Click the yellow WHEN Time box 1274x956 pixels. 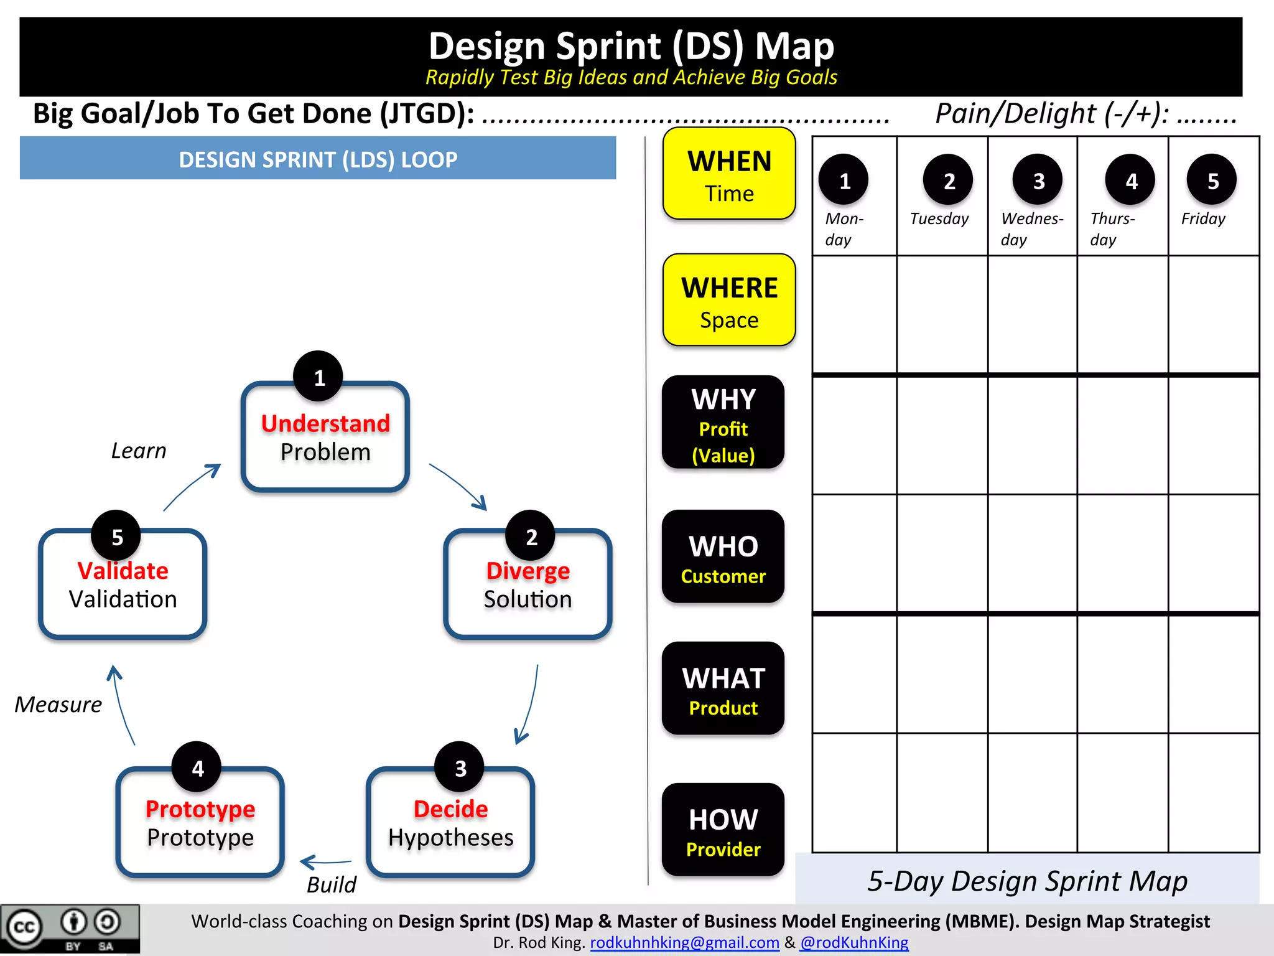pyautogui.click(x=729, y=174)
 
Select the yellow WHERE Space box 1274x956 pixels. pyautogui.click(x=729, y=300)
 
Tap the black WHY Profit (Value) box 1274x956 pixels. pyautogui.click(x=723, y=423)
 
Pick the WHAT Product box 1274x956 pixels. pyautogui.click(x=723, y=688)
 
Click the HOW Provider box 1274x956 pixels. pyautogui.click(x=723, y=830)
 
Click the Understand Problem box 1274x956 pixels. pyautogui.click(x=325, y=438)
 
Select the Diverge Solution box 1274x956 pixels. pyautogui.click(x=528, y=584)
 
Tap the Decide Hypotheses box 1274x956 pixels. pyautogui.click(x=450, y=822)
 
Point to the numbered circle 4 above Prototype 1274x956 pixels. pyautogui.click(x=197, y=767)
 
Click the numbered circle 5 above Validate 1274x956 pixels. pyautogui.click(x=116, y=536)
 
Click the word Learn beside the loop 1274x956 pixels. pyautogui.click(x=139, y=451)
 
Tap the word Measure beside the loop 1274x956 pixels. pyautogui.click(x=58, y=705)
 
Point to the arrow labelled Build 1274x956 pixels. pyautogui.click(x=325, y=862)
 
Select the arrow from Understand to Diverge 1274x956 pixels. pyautogui.click(x=458, y=486)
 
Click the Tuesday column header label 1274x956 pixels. pyautogui.click(x=939, y=219)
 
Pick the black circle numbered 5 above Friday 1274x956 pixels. pyautogui.click(x=1212, y=180)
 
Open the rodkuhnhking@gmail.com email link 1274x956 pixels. pyautogui.click(x=684, y=942)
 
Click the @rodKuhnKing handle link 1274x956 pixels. pyautogui.click(x=854, y=942)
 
